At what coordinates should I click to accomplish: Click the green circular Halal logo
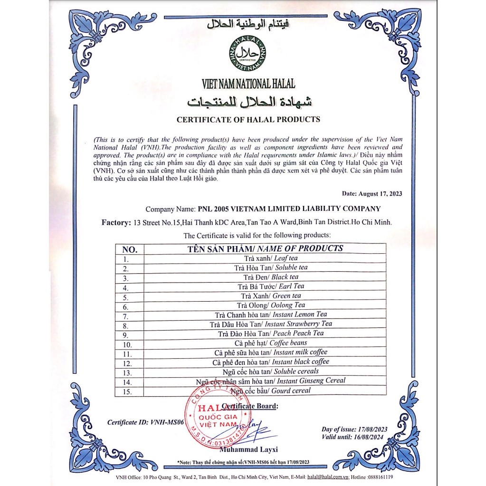click(x=248, y=54)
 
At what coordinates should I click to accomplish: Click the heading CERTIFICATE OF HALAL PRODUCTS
click(x=248, y=120)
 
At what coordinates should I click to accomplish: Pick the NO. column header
click(x=130, y=249)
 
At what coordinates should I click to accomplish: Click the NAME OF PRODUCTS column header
click(x=265, y=248)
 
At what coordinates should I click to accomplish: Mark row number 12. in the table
click(x=127, y=363)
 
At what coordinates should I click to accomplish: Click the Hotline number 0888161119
click(x=379, y=476)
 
